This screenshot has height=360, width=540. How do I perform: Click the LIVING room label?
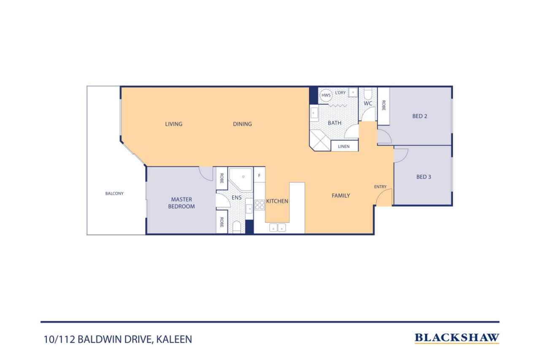173,124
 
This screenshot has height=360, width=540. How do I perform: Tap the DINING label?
242,124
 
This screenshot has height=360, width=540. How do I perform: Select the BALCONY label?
114,194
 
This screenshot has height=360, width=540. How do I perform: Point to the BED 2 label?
420,116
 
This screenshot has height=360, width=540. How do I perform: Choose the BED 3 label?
424,177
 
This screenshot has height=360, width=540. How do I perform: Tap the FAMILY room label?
340,195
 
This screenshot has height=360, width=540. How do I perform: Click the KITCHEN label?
277,201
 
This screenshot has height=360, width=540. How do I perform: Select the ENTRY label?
380,187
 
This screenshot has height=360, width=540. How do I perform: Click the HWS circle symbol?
326,95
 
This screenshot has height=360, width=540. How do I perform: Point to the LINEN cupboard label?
344,146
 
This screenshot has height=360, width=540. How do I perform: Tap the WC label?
368,103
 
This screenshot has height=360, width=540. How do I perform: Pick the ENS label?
236,198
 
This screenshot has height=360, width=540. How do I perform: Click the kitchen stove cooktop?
259,205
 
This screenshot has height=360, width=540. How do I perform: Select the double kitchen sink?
277,227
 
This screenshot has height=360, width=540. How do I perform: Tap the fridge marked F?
259,175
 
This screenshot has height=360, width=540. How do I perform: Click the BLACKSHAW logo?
457,338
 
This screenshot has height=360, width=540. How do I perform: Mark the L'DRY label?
340,92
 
